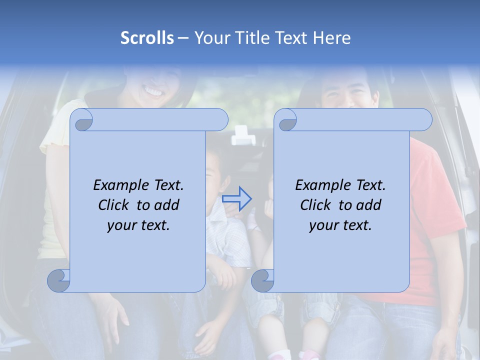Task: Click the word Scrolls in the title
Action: [147, 38]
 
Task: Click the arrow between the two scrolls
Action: [236, 199]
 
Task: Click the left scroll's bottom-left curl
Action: [59, 280]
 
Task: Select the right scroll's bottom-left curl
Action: [263, 280]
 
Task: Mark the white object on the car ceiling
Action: [240, 134]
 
